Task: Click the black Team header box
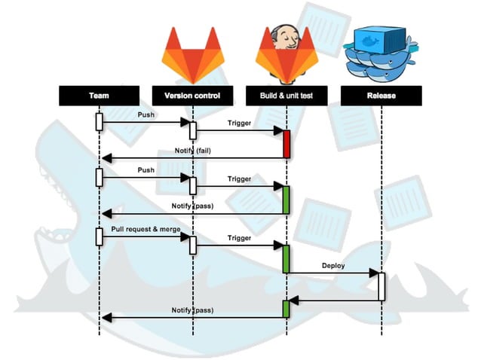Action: point(99,96)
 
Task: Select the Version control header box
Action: point(193,96)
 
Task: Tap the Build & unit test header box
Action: point(286,96)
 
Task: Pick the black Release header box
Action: point(381,96)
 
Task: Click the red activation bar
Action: point(286,144)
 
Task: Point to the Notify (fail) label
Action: point(193,151)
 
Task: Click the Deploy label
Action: point(333,266)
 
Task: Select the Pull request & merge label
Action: point(146,229)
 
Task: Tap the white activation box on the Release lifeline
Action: point(381,287)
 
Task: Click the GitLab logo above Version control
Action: point(193,56)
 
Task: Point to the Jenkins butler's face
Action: point(286,38)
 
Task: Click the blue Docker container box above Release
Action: point(379,40)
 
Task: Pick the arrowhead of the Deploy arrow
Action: point(374,273)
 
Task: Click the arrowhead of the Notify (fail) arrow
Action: point(106,158)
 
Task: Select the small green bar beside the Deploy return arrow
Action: point(286,309)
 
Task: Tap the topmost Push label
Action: point(146,114)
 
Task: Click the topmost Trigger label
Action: point(239,123)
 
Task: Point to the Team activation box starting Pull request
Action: point(99,236)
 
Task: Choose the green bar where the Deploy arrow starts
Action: point(286,259)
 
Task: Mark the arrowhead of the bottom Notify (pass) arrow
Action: point(106,318)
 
